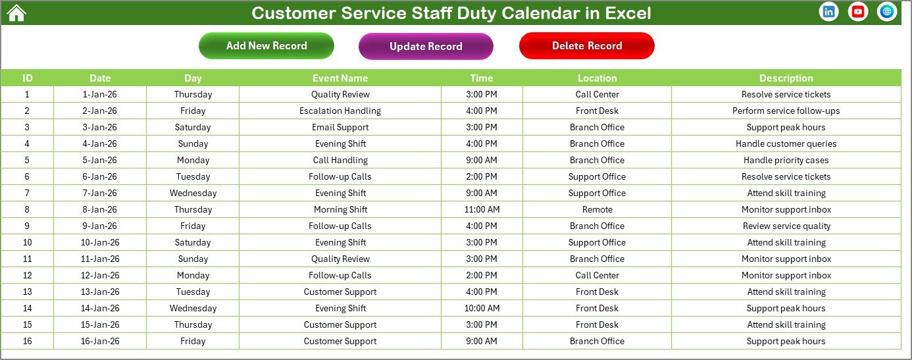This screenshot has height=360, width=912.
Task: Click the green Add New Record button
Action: (x=266, y=46)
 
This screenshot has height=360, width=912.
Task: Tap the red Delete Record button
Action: (x=587, y=46)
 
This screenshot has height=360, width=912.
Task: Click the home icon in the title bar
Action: (x=16, y=13)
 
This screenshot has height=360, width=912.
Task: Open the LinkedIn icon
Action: (x=829, y=12)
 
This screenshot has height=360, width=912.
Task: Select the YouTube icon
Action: (x=858, y=12)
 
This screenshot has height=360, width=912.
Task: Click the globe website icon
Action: (x=887, y=12)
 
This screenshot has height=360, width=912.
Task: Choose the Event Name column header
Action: (x=340, y=78)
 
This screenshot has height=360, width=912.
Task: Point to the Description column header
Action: (x=786, y=78)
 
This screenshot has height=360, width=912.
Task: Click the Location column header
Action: (x=597, y=78)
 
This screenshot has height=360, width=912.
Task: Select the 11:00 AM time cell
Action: (x=482, y=209)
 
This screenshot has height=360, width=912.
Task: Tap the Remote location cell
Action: (x=597, y=209)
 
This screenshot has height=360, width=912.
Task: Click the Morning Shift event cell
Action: (x=340, y=209)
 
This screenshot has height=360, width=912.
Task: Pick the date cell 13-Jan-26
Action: (x=100, y=292)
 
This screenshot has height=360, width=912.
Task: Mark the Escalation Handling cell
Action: (x=340, y=111)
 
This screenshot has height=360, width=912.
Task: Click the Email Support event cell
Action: (x=340, y=127)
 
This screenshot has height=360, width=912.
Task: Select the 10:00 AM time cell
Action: (x=482, y=308)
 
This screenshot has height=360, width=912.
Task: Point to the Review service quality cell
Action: (x=786, y=226)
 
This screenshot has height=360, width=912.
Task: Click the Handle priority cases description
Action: (x=786, y=160)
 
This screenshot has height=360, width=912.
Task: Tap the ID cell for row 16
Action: (x=27, y=341)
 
